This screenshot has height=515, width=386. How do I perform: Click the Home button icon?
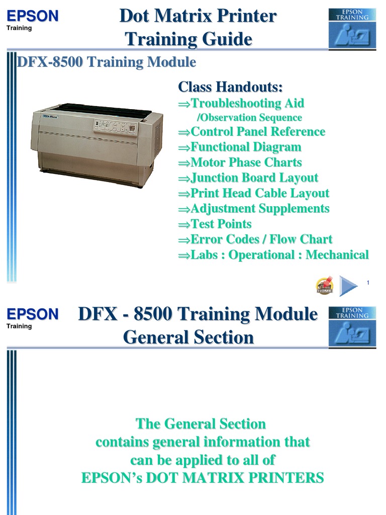coord(324,285)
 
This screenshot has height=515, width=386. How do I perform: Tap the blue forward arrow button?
coord(348,285)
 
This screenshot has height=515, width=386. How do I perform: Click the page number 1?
coord(368,283)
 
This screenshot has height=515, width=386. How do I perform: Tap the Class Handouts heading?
coord(230,87)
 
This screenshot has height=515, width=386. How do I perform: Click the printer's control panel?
coord(115,126)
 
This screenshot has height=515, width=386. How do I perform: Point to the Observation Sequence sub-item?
coord(250,118)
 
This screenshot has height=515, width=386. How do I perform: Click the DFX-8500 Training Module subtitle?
coord(107,63)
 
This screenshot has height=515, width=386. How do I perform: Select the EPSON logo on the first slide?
coord(33,16)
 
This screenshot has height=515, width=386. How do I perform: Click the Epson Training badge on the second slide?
coord(352,327)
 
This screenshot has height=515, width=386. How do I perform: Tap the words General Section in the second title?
coord(188,337)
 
